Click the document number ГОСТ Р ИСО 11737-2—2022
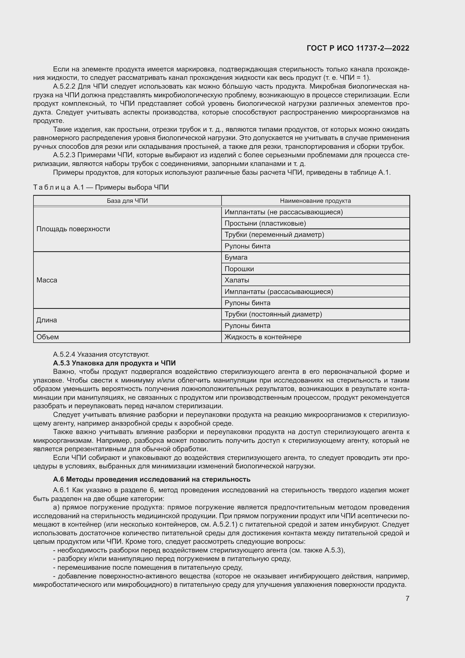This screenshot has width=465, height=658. (x=358, y=48)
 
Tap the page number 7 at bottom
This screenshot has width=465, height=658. (x=407, y=598)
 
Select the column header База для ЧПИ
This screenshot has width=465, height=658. (x=127, y=201)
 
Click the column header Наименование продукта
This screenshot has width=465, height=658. (x=315, y=201)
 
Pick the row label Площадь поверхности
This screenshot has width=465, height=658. (x=73, y=229)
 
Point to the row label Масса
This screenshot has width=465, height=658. (x=47, y=280)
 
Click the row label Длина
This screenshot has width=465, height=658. (x=46, y=320)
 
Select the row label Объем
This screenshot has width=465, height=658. (x=48, y=337)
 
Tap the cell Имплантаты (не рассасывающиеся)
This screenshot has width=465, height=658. (x=283, y=212)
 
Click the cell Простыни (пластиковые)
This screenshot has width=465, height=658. (x=265, y=223)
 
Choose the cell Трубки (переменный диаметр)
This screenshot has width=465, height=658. (x=274, y=234)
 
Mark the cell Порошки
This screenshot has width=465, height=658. (x=239, y=269)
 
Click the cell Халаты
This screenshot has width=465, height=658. (x=237, y=280)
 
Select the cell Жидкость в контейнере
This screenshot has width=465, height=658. (x=263, y=337)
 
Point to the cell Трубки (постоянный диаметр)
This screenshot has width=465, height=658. (x=273, y=314)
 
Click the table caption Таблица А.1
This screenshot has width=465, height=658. (x=101, y=187)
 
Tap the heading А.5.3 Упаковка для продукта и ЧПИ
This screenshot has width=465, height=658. (x=114, y=363)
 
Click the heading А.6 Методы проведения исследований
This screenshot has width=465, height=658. (x=152, y=479)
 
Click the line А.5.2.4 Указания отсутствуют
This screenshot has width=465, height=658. (x=101, y=354)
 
